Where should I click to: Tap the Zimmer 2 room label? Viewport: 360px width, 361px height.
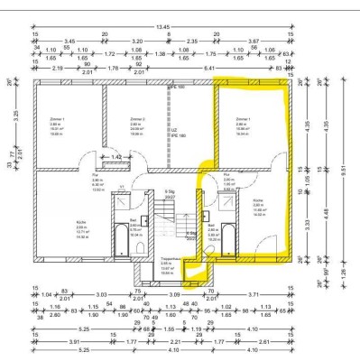(x=136, y=118)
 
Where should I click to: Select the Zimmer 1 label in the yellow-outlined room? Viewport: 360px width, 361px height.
(x=242, y=118)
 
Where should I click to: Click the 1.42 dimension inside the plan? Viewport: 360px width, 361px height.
(x=115, y=156)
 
